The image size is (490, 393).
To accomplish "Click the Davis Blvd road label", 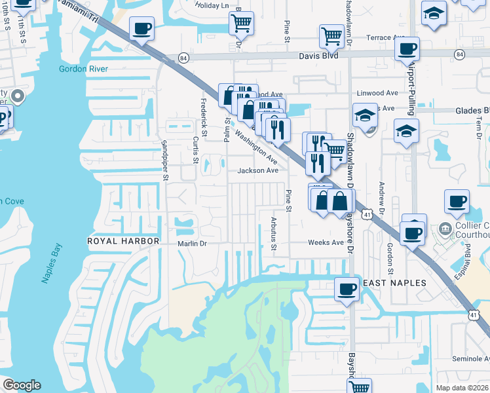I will (319, 56).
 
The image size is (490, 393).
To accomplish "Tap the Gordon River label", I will (83, 69).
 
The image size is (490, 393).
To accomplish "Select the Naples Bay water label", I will (52, 263).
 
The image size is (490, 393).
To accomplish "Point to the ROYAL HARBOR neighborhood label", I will (124, 241).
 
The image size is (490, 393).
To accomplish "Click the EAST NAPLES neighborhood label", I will (394, 283).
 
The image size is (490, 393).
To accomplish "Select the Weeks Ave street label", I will (326, 242).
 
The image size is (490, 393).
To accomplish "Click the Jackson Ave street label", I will (258, 170).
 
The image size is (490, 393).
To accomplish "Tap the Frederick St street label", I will (204, 119).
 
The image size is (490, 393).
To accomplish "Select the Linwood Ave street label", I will (378, 93).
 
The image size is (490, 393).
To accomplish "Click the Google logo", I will (22, 385).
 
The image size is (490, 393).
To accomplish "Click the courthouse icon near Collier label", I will (445, 229).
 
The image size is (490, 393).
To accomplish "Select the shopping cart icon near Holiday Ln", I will (241, 24).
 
